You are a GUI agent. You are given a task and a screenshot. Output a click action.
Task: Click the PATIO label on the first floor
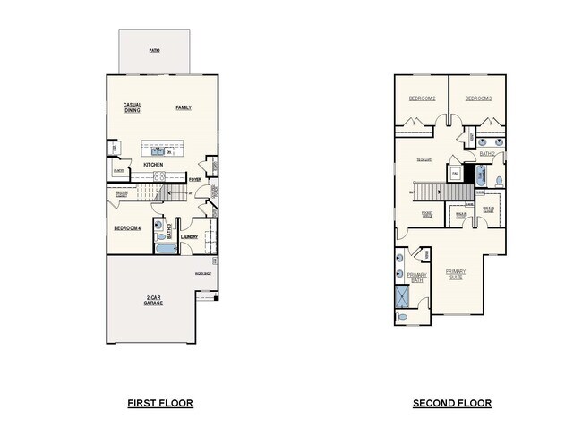(x=155, y=50)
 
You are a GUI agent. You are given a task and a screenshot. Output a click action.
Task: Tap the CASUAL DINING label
(x=133, y=107)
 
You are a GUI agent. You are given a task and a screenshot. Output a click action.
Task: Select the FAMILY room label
(x=183, y=107)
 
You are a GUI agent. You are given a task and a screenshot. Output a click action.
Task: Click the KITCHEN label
(x=153, y=165)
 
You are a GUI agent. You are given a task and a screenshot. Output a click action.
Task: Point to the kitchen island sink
(x=158, y=150)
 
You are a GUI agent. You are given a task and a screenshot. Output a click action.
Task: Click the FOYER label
(x=194, y=179)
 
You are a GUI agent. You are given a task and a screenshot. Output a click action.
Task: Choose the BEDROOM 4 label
(x=127, y=228)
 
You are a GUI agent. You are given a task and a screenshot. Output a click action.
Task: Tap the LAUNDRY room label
(x=189, y=237)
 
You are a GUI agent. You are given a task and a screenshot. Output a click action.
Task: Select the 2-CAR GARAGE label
(x=152, y=301)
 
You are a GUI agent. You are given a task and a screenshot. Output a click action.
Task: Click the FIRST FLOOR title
(x=159, y=403)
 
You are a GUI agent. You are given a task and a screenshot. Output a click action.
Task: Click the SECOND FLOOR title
(x=451, y=403)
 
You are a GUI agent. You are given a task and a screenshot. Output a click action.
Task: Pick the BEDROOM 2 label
(x=422, y=98)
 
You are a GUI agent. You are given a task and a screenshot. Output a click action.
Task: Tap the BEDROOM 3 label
(x=477, y=98)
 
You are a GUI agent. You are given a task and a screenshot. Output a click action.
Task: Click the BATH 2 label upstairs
(x=486, y=154)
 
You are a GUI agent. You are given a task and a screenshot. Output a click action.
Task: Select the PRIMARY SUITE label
(x=455, y=274)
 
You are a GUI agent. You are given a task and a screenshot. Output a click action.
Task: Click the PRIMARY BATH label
(x=416, y=278)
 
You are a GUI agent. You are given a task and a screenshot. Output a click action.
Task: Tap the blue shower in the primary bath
(x=399, y=296)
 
